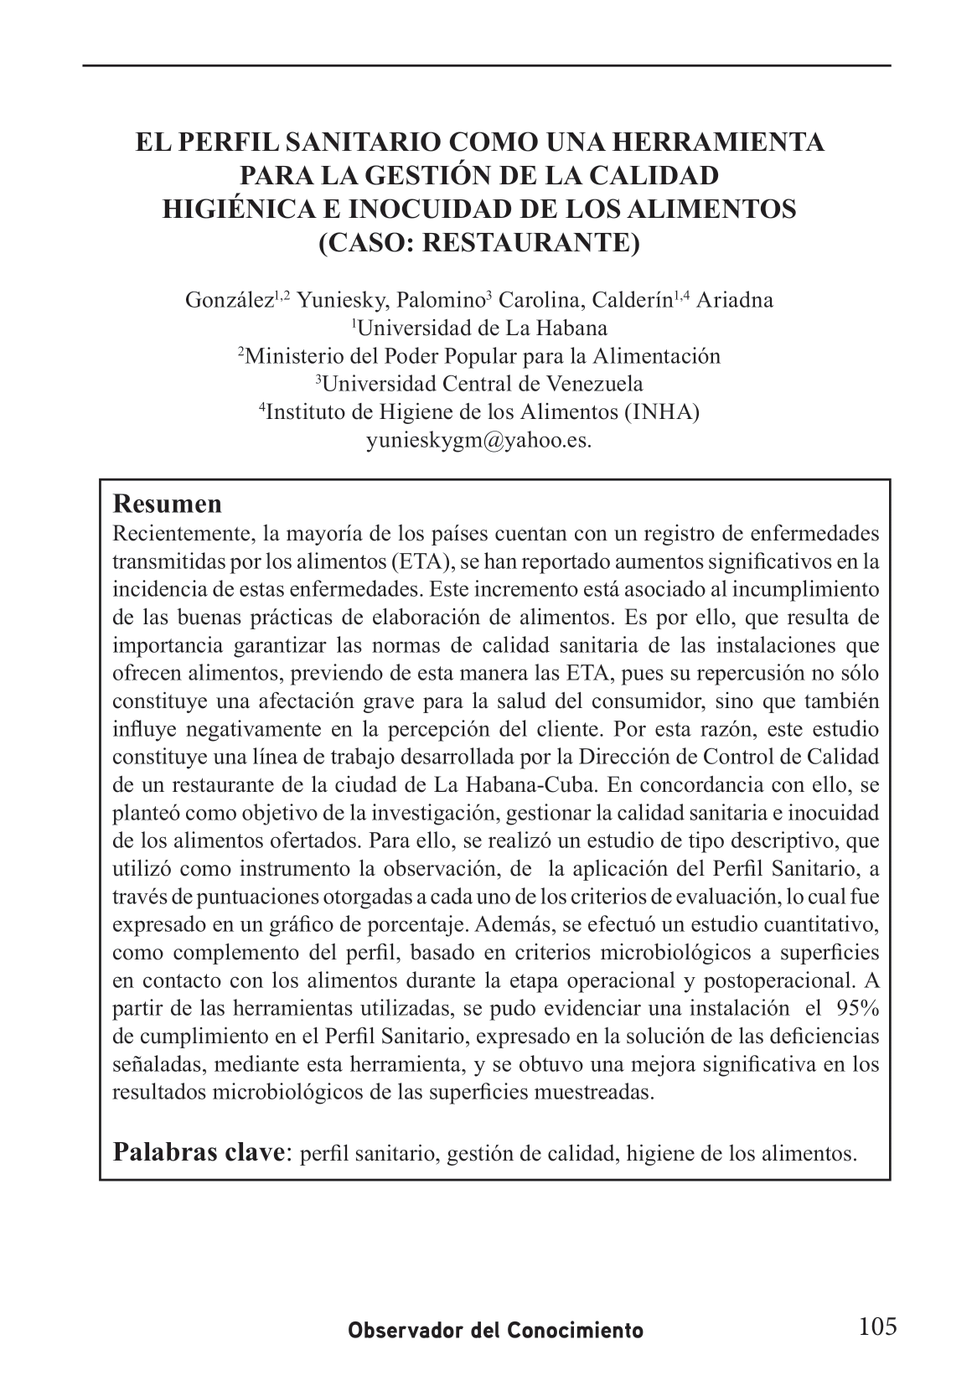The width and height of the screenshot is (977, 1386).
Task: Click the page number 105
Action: click(x=877, y=1327)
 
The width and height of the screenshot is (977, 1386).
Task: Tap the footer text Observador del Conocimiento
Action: click(x=496, y=1331)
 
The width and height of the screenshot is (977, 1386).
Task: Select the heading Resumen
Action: click(x=168, y=504)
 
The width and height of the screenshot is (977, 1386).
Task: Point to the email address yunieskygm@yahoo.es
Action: click(x=479, y=441)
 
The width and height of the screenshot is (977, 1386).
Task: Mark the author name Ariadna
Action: click(x=735, y=300)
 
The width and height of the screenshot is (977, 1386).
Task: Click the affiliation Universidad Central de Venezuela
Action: click(x=483, y=385)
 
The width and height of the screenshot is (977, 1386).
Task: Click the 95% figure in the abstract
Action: click(x=857, y=1008)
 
